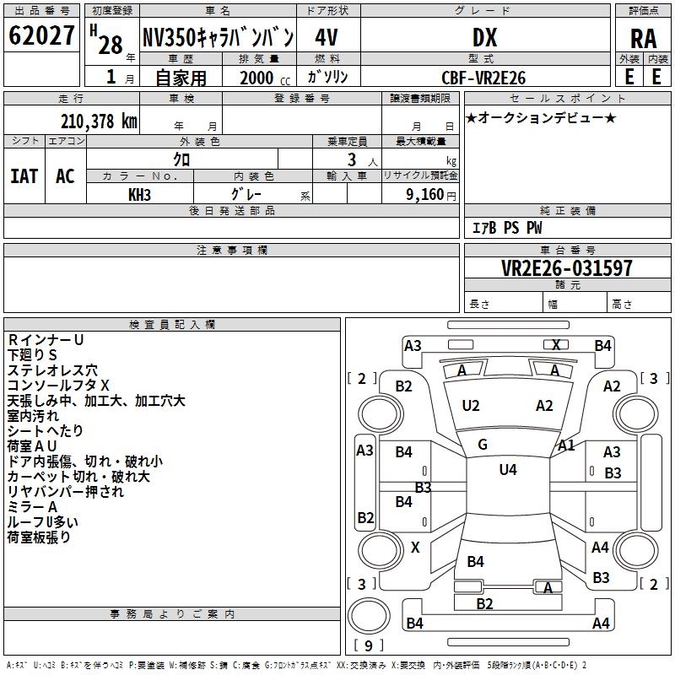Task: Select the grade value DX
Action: pyautogui.click(x=484, y=37)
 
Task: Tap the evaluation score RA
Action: pyautogui.click(x=643, y=39)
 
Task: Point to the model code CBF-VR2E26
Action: pyautogui.click(x=484, y=78)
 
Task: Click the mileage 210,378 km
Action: pyautogui.click(x=99, y=121)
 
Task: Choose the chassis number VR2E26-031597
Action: pyautogui.click(x=566, y=268)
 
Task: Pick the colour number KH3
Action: pyautogui.click(x=140, y=194)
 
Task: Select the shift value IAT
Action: pyautogui.click(x=24, y=176)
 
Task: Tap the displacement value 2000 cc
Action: pyautogui.click(x=263, y=78)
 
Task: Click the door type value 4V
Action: pyautogui.click(x=326, y=37)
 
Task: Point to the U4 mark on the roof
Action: pyautogui.click(x=507, y=470)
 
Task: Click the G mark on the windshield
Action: pyautogui.click(x=482, y=445)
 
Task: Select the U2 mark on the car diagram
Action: pyautogui.click(x=471, y=406)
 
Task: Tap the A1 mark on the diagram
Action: pyautogui.click(x=566, y=445)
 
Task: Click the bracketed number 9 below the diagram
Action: pyautogui.click(x=368, y=646)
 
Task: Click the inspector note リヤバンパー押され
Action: pyautogui.click(x=65, y=491)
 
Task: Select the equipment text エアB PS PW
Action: pyautogui.click(x=506, y=228)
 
